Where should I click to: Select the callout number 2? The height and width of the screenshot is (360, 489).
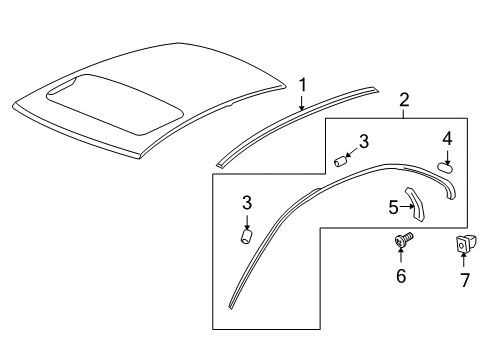pyautogui.click(x=404, y=99)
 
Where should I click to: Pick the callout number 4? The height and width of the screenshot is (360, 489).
pyautogui.click(x=446, y=138)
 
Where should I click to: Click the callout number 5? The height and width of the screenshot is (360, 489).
pyautogui.click(x=394, y=208)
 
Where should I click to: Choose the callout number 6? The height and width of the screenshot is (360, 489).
pyautogui.click(x=401, y=276)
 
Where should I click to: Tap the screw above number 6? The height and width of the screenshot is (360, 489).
pyautogui.click(x=401, y=242)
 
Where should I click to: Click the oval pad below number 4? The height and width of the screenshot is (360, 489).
pyautogui.click(x=446, y=168)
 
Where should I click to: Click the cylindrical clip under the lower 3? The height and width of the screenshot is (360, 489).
pyautogui.click(x=247, y=238)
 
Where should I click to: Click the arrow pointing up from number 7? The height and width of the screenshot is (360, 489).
pyautogui.click(x=463, y=262)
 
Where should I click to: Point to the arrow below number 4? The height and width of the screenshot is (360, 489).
pyautogui.click(x=446, y=155)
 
